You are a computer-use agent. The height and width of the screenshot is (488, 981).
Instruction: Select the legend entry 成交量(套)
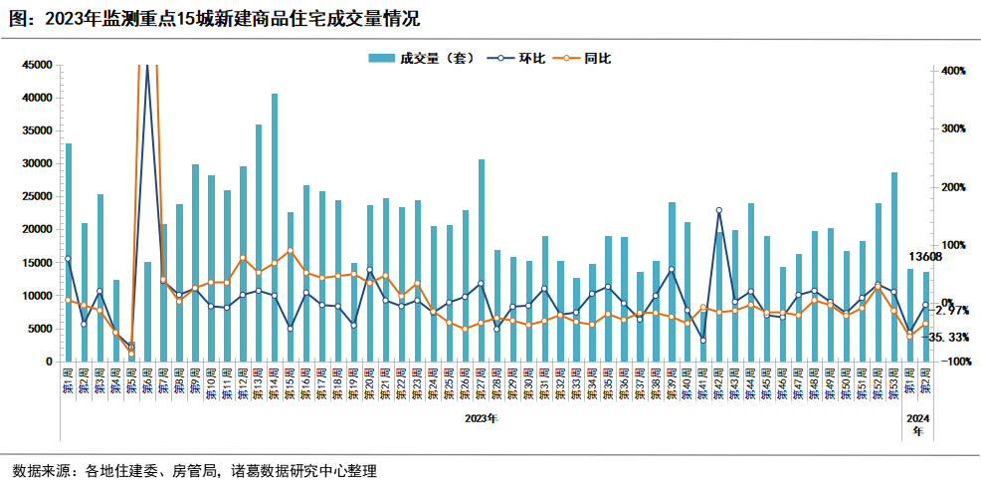click(x=419, y=59)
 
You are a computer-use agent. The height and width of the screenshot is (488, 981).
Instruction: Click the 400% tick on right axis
click(x=953, y=72)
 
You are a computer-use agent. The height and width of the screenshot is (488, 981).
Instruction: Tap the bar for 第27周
click(x=482, y=260)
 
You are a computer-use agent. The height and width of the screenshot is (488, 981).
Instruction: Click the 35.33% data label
click(x=950, y=338)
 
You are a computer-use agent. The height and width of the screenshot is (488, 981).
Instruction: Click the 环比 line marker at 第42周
click(x=719, y=210)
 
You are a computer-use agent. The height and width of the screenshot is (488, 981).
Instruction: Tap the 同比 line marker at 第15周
click(x=291, y=251)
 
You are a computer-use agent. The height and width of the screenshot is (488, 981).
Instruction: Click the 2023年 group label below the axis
click(x=481, y=418)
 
